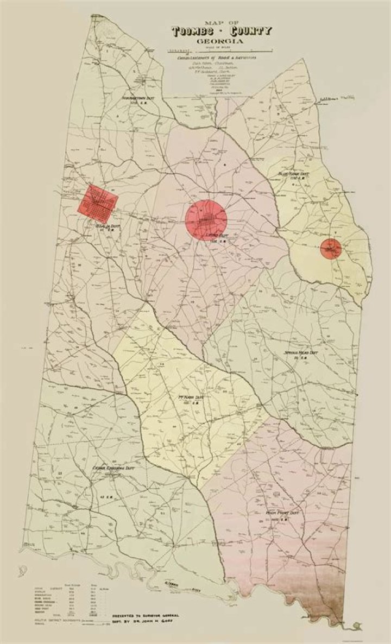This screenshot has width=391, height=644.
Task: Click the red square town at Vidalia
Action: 98,200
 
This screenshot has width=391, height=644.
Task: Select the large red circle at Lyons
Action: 205,220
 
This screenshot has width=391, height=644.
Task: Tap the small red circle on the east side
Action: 329,248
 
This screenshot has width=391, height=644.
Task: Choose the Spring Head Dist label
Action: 301,354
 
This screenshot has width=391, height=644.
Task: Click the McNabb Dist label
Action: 192,399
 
